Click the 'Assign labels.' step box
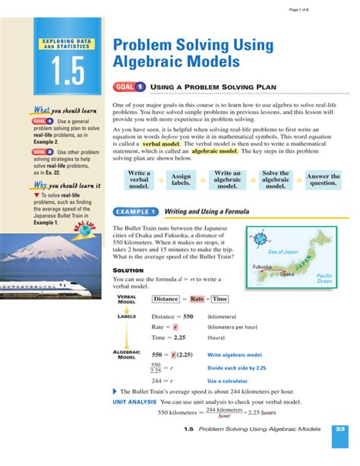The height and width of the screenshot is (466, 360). coord(181,179)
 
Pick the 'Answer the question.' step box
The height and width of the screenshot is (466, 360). coord(322,179)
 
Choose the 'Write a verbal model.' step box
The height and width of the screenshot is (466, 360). coord(138,179)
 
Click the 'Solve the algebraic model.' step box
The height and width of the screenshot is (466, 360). coord(276,179)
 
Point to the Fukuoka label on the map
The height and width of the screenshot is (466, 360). coord(262,267)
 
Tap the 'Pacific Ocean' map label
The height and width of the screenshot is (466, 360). coord(324,277)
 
